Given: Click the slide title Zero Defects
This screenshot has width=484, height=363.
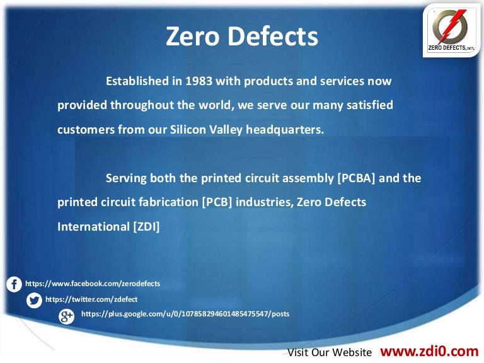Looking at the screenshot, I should tap(242, 37).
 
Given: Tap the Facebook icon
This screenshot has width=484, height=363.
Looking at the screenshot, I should tap(14, 284).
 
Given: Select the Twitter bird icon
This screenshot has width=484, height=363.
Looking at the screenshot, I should tap(35, 300).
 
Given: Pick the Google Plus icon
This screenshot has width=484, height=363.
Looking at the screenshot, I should tap(66, 316).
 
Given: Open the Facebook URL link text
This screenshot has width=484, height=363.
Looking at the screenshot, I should tap(92, 284).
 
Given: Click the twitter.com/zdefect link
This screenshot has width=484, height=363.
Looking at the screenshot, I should tap(91, 299).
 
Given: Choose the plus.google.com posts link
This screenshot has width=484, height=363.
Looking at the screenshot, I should tap(185, 314).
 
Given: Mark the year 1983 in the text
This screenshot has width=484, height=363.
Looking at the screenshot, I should tap(200, 82).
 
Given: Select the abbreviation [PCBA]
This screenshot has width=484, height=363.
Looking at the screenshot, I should tap(357, 178).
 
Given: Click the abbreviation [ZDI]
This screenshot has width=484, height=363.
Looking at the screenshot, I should tap(146, 226).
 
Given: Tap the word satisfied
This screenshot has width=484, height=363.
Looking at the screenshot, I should tap(369, 106).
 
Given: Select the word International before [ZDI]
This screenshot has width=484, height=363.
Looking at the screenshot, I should tap(93, 226).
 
